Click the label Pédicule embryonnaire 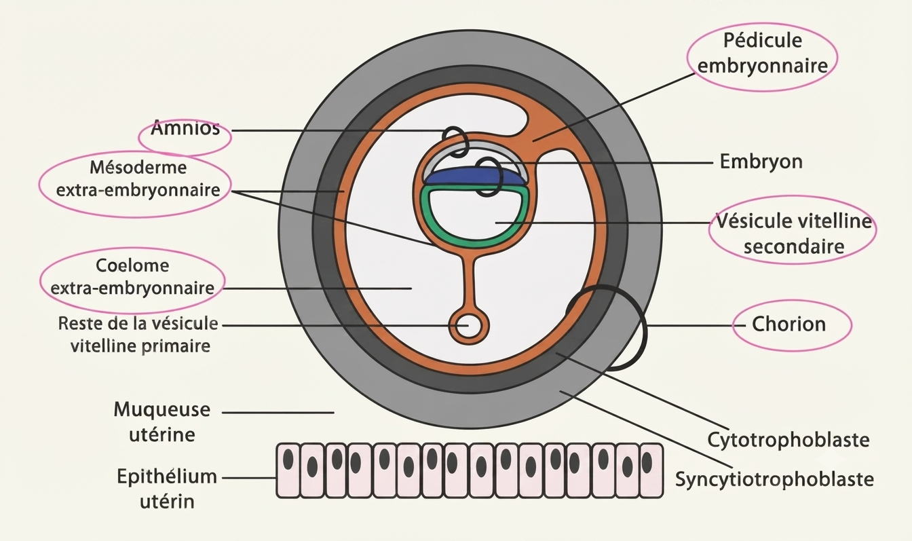[x=763, y=54]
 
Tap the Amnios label [x=185, y=129]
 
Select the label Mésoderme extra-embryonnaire [x=138, y=179]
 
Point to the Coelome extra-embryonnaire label [x=132, y=277]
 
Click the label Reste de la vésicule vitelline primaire [x=138, y=335]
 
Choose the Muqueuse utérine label [x=162, y=422]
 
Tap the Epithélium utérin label [x=167, y=489]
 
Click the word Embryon [x=761, y=162]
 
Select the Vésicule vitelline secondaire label [x=794, y=234]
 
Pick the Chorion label [x=788, y=324]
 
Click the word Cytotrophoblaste [x=788, y=440]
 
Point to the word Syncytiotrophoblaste [x=774, y=479]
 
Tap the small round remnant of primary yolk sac [x=469, y=326]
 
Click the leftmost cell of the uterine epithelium [x=288, y=470]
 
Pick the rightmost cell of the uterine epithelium [x=651, y=470]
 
